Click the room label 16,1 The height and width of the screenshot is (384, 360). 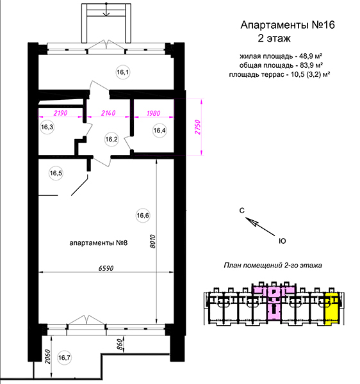pos(123,72)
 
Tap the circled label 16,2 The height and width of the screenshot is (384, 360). pos(111,140)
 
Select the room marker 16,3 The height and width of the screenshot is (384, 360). pos(47,127)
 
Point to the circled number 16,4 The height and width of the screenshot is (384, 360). pos(160,131)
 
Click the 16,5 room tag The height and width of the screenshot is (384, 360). pos(56,173)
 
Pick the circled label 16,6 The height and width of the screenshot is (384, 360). pos(143,216)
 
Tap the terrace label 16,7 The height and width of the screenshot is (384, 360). pos(64,358)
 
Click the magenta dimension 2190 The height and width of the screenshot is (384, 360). pos(60,113)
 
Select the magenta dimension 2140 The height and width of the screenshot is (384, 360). pos(108,113)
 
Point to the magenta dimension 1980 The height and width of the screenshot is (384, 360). pos(153,113)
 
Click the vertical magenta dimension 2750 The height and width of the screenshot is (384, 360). pos(197,127)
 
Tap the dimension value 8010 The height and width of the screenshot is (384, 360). pos(152,241)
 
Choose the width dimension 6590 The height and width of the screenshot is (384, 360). pos(106,268)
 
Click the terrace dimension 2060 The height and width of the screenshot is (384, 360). pos(47,357)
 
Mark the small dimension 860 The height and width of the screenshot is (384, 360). pos(119,344)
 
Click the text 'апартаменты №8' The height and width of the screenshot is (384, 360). pos(99,243)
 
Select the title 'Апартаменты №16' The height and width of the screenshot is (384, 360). pos(288,25)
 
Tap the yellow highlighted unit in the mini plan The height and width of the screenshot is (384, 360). pos(332,308)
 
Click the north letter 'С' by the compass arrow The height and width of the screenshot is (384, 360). pos(242,211)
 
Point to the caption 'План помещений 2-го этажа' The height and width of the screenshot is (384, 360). pos(273,265)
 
